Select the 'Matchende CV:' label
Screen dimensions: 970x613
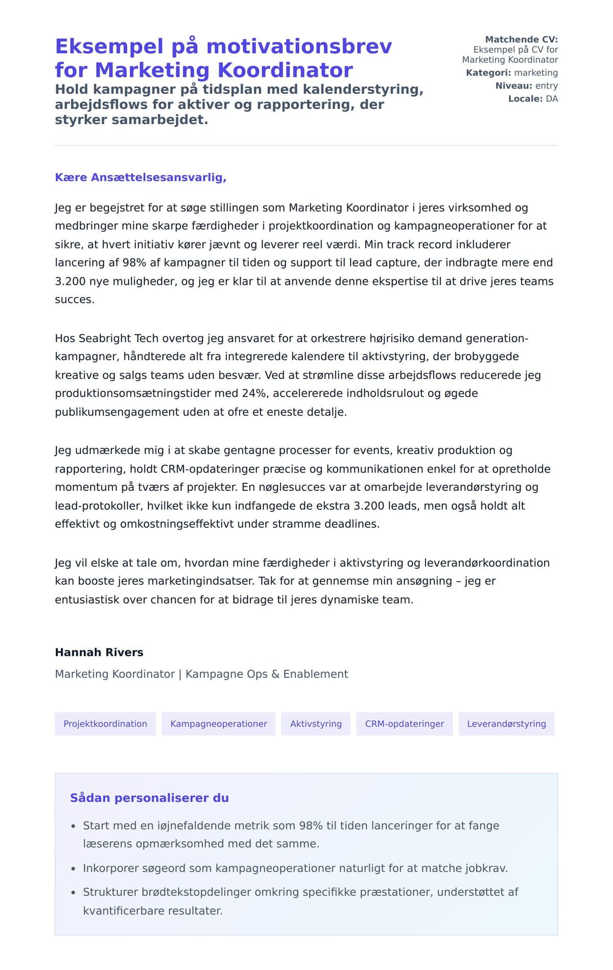(x=521, y=39)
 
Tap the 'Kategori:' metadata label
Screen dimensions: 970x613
(x=488, y=73)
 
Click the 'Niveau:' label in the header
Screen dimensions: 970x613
(x=513, y=86)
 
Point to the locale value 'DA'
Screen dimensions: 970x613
(x=552, y=99)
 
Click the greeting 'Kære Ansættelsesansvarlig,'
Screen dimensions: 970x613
(x=140, y=177)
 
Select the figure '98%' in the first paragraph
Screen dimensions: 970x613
(x=134, y=263)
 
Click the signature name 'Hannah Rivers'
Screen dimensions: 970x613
(x=99, y=652)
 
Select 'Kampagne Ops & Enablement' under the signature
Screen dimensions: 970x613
(x=267, y=674)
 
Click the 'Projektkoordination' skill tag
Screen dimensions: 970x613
(x=105, y=724)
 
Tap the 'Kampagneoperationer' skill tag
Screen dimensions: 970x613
(x=219, y=724)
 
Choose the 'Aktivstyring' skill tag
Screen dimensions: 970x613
(x=316, y=724)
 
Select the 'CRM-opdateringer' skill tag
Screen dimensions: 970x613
(x=405, y=724)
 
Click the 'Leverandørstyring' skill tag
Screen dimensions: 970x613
(x=506, y=724)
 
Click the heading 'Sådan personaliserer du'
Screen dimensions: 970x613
(x=149, y=798)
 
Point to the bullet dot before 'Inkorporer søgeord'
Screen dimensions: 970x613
(x=73, y=869)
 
